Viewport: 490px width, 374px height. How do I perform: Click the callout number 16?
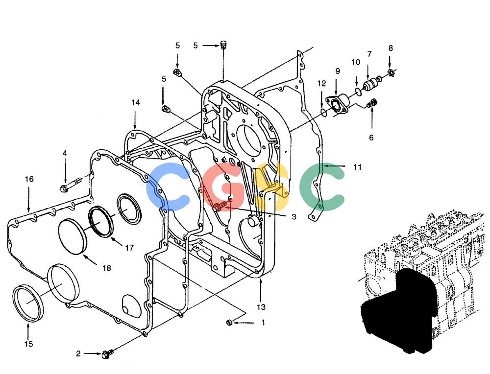pos(29,179)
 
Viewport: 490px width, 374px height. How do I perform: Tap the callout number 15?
pos(28,344)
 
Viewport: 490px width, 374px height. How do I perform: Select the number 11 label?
pos(357,167)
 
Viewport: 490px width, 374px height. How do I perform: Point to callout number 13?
pos(261,307)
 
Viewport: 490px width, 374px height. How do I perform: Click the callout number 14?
pos(136,103)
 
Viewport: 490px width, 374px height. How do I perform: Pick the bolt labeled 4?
pos(71,185)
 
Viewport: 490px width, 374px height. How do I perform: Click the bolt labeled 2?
pos(107,354)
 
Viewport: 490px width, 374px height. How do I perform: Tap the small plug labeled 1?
pos(229,322)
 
